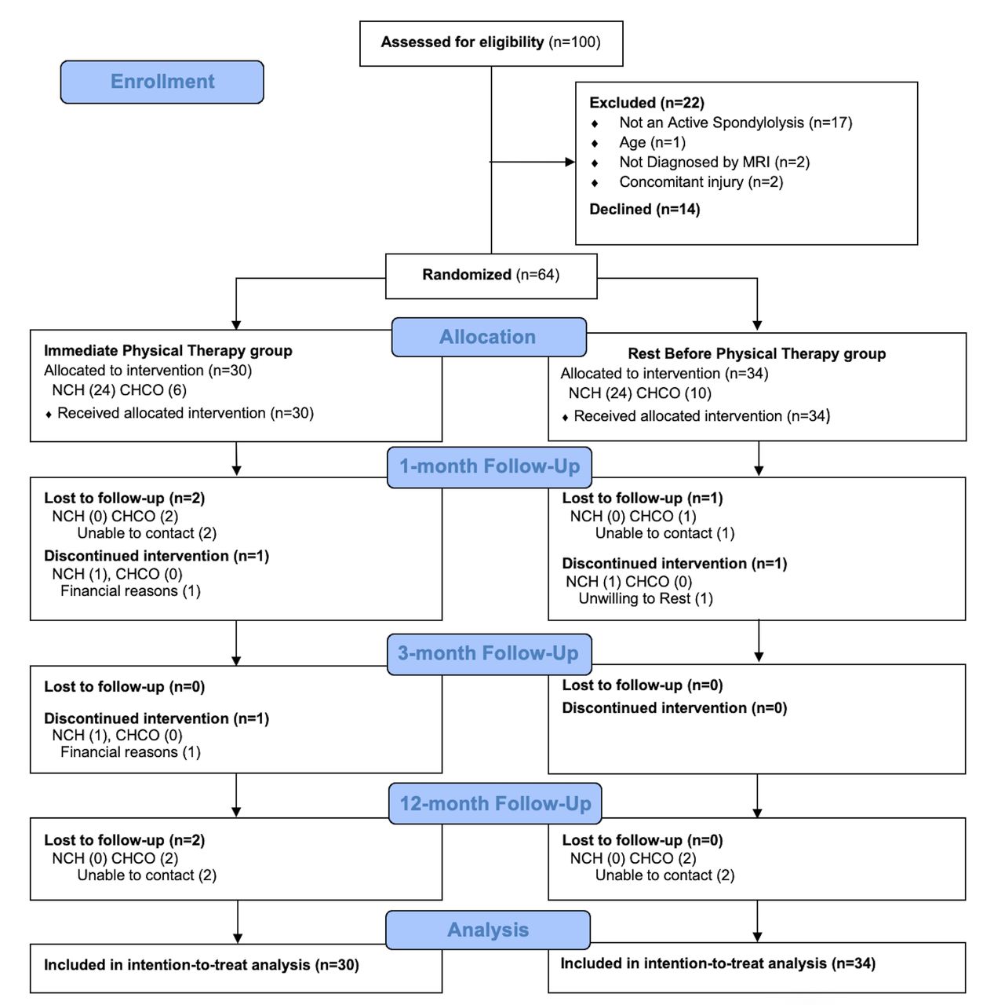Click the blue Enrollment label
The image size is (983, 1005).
[x=162, y=82]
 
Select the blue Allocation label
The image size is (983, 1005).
[x=489, y=337]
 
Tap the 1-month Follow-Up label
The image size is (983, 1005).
[x=489, y=466]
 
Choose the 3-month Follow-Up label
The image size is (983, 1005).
[x=489, y=654]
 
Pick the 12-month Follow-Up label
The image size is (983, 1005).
[x=494, y=804]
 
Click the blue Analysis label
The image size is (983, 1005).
[x=488, y=930]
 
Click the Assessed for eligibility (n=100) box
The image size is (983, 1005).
[x=491, y=43]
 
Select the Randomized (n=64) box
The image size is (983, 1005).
[x=491, y=276]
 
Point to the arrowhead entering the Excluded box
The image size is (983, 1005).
[x=570, y=162]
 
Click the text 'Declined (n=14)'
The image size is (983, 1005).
[x=644, y=209]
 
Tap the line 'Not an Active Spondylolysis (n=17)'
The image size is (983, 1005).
[x=735, y=122]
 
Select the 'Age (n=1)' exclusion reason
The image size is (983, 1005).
[x=652, y=142]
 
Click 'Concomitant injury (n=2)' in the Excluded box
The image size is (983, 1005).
[x=701, y=182]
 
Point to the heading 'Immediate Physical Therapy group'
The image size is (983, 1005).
[x=168, y=350]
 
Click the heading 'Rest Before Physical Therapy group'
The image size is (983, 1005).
[x=756, y=353]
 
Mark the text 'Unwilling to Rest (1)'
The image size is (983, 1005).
[x=645, y=598]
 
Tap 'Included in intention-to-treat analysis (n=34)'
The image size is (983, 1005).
[x=718, y=963]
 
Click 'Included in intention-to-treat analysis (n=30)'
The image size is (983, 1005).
[x=201, y=965]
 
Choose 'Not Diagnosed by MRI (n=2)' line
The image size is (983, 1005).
[x=714, y=163]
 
